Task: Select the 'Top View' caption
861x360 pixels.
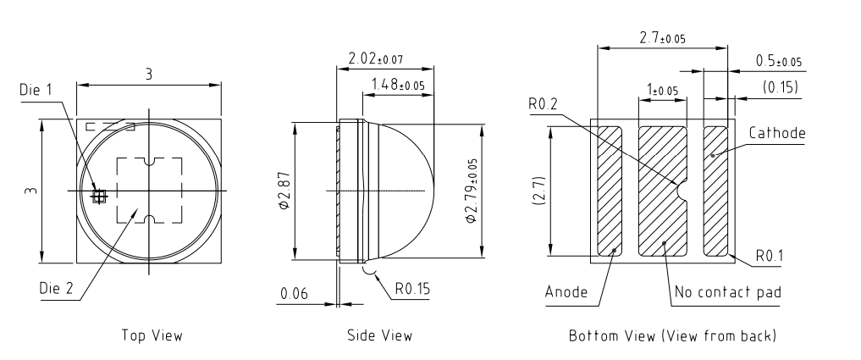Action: [x=152, y=335]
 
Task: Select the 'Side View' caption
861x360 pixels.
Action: [x=380, y=335]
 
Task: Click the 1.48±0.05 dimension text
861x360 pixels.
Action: [x=399, y=84]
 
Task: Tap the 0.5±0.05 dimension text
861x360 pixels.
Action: [x=778, y=61]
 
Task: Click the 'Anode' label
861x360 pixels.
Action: [x=566, y=293]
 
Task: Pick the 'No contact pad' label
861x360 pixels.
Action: [x=727, y=293]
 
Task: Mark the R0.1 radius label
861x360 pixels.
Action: [x=767, y=255]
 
